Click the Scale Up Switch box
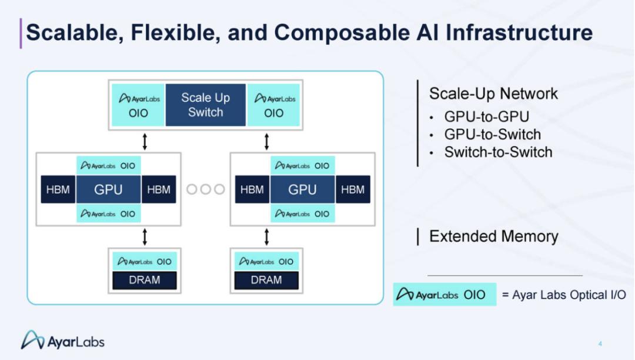pos(205,105)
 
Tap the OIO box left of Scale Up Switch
pos(138,105)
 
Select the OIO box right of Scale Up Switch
pos(273,105)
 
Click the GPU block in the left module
pos(109,189)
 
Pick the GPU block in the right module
pos(303,189)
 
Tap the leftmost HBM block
pos(58,189)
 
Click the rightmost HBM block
pos(353,189)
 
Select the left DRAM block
pos(145,280)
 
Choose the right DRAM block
pos(266,280)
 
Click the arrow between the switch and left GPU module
pos(145,142)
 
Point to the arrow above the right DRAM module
pos(266,237)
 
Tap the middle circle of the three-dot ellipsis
pos(205,189)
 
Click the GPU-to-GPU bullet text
pos(487,116)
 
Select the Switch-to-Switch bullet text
pos(498,152)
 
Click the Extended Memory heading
pos(494,236)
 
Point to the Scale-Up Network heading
pos(493,94)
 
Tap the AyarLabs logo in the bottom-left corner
pos(63,340)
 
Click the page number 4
pos(600,344)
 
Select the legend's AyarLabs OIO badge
pos(444,294)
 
